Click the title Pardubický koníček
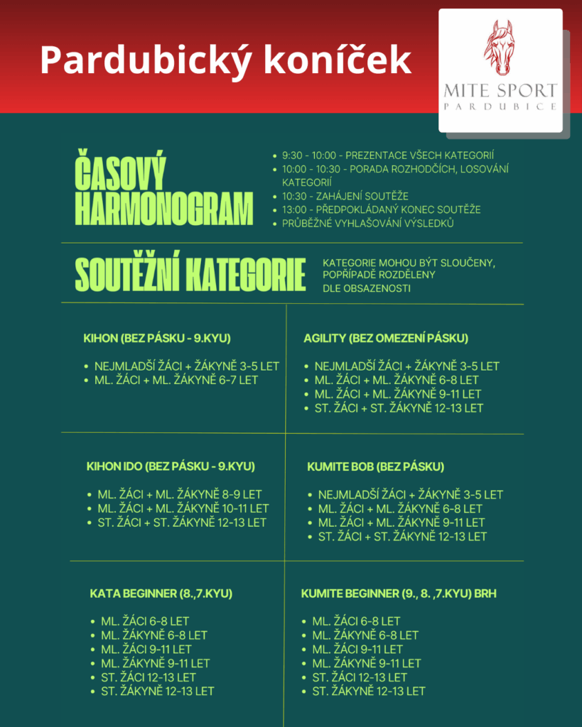(225, 60)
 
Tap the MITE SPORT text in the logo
(500, 91)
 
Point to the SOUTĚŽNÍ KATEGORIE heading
(190, 274)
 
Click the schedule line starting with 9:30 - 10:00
(388, 155)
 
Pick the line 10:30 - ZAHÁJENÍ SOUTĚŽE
(345, 196)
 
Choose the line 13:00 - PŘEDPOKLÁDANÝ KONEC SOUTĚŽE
(382, 209)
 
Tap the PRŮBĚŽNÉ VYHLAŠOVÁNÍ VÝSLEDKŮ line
(368, 224)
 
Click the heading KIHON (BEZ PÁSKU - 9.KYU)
(157, 338)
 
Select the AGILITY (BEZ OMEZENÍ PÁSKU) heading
(386, 338)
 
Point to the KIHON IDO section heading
(171, 466)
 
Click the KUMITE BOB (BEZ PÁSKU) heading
(376, 466)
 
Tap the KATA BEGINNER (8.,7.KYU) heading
(161, 594)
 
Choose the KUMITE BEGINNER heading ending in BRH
(399, 594)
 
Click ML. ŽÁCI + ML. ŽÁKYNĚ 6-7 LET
(176, 381)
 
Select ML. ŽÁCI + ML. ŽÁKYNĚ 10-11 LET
(183, 508)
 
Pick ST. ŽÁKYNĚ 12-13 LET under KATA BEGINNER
(157, 691)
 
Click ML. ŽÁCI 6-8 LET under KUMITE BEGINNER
(357, 621)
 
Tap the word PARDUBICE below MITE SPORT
(500, 106)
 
